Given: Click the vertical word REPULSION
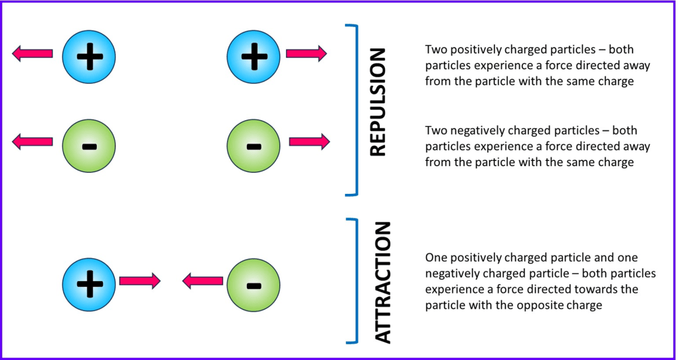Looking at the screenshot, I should coord(376,110).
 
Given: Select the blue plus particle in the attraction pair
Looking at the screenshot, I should coord(89,285).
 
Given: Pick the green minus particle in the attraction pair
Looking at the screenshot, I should coord(253,285).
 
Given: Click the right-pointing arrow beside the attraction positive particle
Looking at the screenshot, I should coord(139,281).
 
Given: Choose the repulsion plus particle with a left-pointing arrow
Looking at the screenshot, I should coord(89,56).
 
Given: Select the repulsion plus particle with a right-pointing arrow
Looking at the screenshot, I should coord(253,56).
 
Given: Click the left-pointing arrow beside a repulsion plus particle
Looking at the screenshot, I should coord(33,53).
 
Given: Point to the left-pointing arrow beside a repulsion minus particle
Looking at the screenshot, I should coord(33,141).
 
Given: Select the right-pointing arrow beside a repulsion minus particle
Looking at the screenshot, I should coord(309,141).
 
